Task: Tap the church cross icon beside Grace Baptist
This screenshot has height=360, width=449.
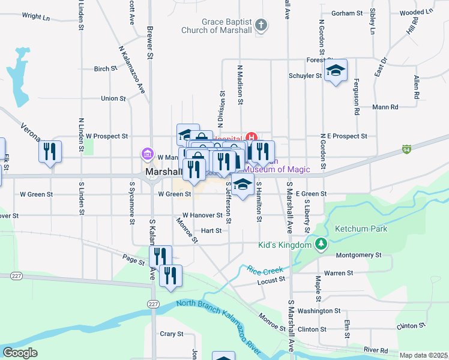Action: (261, 25)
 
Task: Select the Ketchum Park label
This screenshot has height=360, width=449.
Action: (361, 229)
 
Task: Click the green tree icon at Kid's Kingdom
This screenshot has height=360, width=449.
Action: (322, 244)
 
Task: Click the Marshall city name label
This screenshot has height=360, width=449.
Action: (160, 172)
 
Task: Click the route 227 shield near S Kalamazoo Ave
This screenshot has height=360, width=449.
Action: (154, 304)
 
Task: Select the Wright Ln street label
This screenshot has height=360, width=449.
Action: (35, 17)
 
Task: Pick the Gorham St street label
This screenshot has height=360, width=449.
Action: (347, 13)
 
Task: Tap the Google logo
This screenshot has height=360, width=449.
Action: (20, 353)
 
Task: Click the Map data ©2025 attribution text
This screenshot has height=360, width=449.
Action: (423, 355)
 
